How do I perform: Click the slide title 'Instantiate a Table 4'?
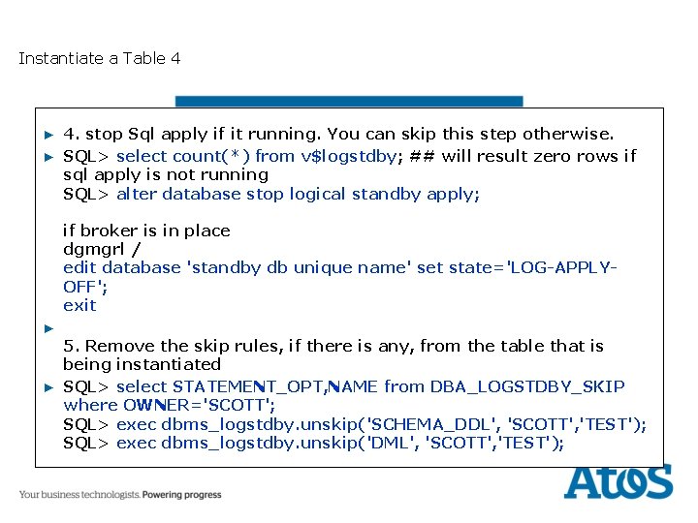(x=99, y=58)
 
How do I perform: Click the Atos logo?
(x=618, y=480)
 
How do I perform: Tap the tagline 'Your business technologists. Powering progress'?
(x=120, y=495)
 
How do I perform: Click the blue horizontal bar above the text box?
(x=349, y=101)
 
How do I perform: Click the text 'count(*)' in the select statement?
(x=211, y=156)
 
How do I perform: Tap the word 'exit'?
(x=79, y=305)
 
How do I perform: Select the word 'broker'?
(x=109, y=231)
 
